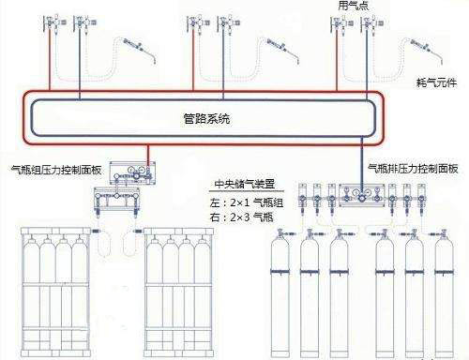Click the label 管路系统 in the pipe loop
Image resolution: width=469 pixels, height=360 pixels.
tap(206, 119)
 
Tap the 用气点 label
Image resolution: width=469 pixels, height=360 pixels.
tap(354, 6)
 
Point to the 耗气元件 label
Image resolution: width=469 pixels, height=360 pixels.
tap(436, 82)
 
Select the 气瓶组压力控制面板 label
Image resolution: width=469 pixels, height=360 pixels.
tap(56, 170)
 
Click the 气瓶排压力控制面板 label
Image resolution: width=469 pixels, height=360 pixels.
tap(413, 169)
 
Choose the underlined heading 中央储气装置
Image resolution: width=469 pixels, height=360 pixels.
tap(245, 184)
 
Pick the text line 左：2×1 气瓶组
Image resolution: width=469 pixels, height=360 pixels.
tap(247, 202)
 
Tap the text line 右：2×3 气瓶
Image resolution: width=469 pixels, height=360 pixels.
tap(242, 217)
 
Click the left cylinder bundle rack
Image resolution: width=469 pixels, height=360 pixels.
tap(55, 292)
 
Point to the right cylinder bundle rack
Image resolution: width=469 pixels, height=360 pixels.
tap(179, 292)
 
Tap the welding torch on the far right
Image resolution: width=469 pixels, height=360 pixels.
tap(427, 50)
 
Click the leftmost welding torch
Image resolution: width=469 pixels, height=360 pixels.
tap(140, 50)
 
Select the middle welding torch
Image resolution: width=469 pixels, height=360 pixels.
tap(282, 50)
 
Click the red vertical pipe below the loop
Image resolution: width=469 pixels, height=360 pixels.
tap(148, 153)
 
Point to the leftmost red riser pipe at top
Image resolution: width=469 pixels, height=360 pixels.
tap(50, 59)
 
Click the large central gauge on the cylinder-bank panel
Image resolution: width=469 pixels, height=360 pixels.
tap(362, 198)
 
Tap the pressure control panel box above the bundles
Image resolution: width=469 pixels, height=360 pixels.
tap(132, 172)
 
